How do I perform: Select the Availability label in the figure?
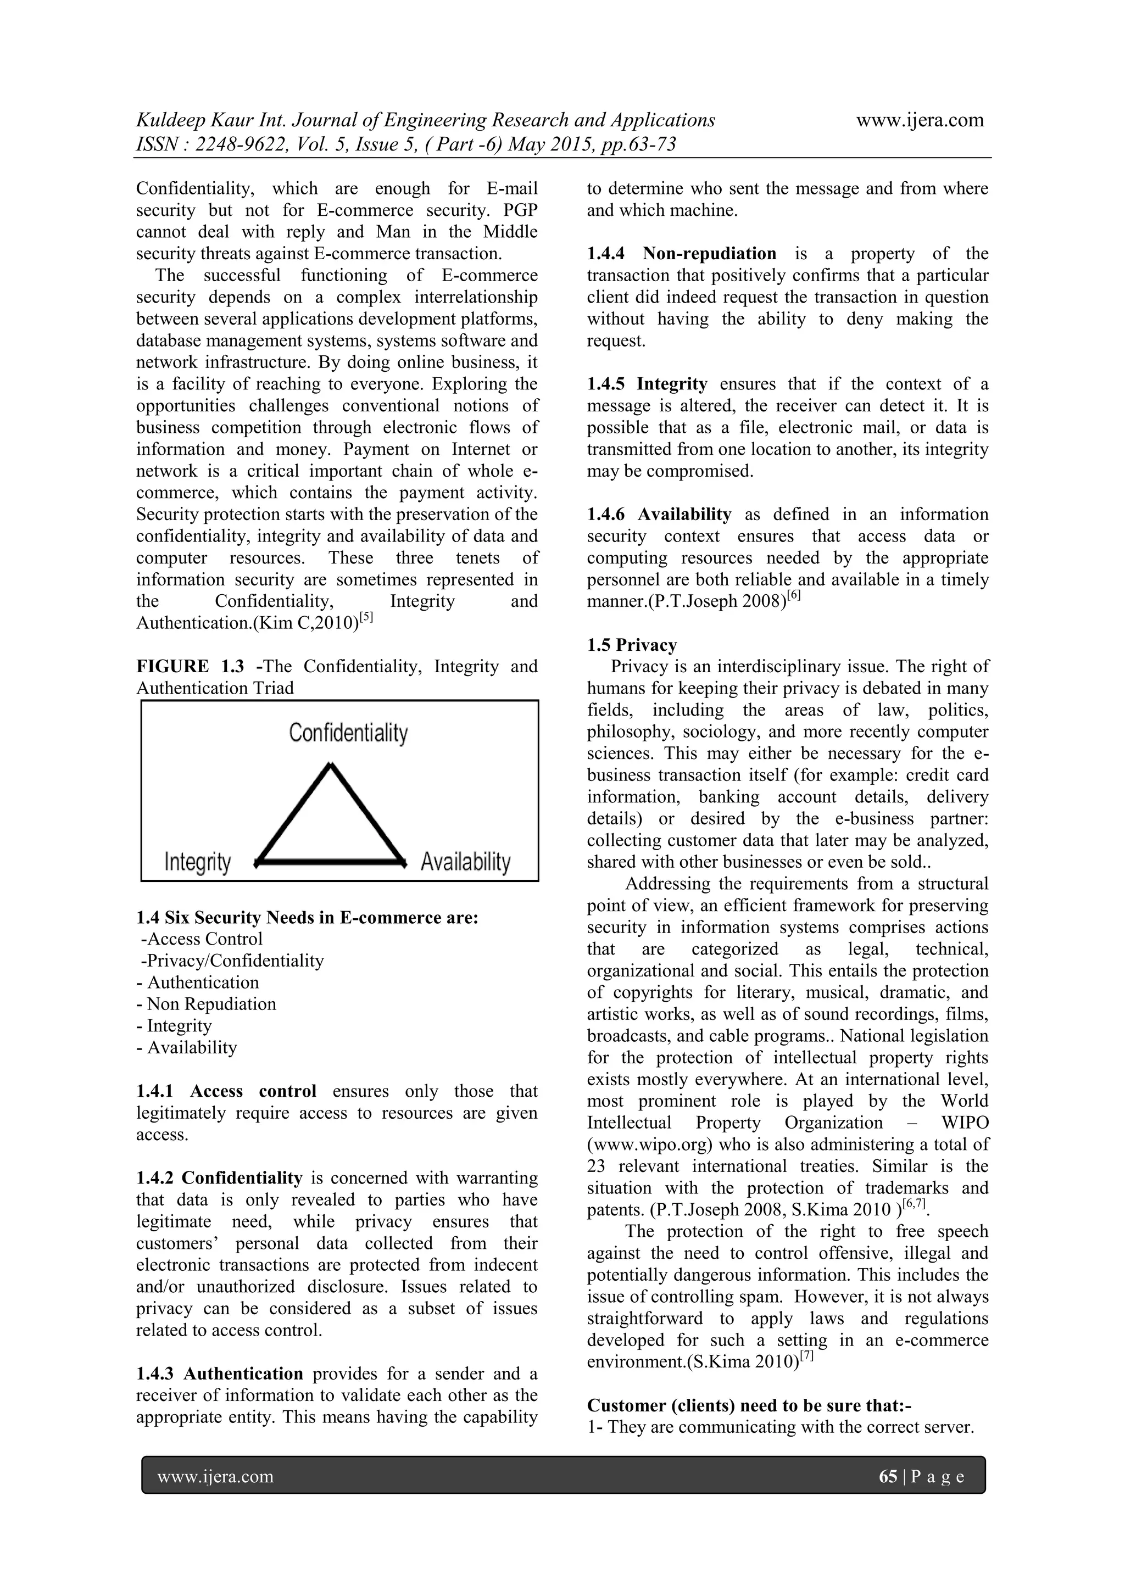click(x=465, y=862)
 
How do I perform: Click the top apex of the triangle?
click(x=331, y=766)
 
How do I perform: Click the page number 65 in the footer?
click(x=888, y=1477)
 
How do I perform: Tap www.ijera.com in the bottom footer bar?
click(x=215, y=1477)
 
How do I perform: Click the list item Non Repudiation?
click(x=211, y=1004)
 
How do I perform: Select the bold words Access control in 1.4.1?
click(x=253, y=1091)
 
